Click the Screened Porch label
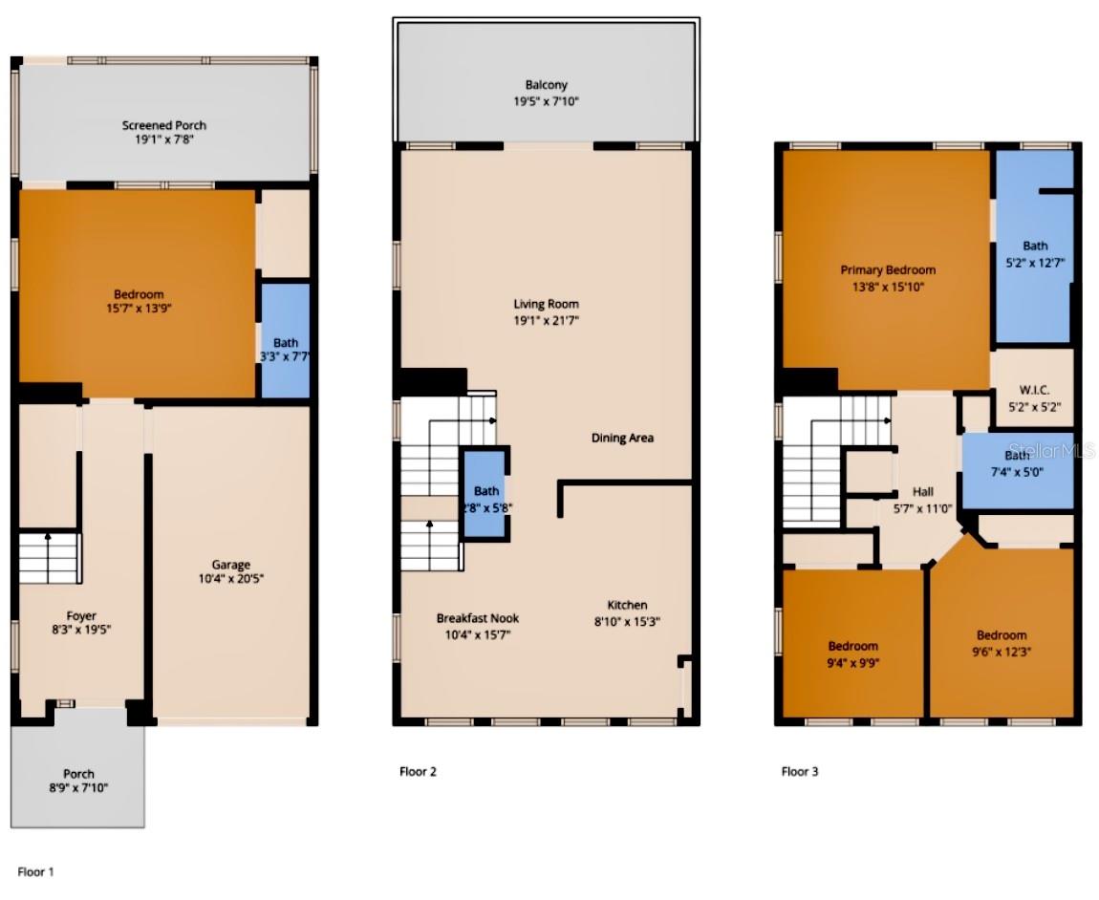click(163, 125)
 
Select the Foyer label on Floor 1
click(81, 615)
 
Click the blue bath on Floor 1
click(285, 341)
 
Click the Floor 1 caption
click(36, 871)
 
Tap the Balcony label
click(546, 85)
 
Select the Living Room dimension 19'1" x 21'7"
click(545, 321)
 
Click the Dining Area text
click(622, 438)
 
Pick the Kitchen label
click(627, 605)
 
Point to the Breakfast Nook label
click(478, 618)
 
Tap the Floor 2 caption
click(418, 771)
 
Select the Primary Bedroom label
click(888, 270)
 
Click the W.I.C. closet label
click(1035, 391)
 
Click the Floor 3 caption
click(800, 771)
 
